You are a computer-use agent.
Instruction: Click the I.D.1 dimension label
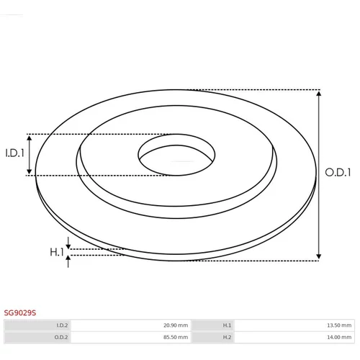pyautogui.click(x=14, y=153)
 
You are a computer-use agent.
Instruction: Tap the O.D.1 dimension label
pyautogui.click(x=338, y=172)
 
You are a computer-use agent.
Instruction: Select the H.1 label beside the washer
pyautogui.click(x=57, y=252)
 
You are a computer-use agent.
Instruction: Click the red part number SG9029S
pyautogui.click(x=20, y=312)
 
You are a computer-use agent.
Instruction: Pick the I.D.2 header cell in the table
pyautogui.click(x=38, y=325)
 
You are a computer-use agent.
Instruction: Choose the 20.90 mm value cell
pyautogui.click(x=131, y=325)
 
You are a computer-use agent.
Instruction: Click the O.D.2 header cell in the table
pyautogui.click(x=38, y=337)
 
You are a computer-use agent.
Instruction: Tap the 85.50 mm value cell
pyautogui.click(x=131, y=337)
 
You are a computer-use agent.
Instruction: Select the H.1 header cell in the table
pyautogui.click(x=213, y=325)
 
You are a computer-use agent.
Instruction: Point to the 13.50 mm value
pyautogui.click(x=339, y=325)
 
